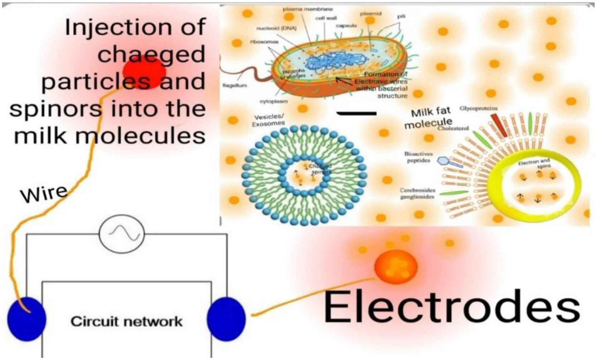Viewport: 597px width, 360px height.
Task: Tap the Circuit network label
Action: (x=126, y=321)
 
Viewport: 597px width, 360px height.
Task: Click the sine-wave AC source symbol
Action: (x=122, y=234)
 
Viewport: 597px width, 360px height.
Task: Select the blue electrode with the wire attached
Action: (x=26, y=318)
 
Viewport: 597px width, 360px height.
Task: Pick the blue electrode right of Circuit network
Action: (x=226, y=318)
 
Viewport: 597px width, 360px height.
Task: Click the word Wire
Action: (x=44, y=194)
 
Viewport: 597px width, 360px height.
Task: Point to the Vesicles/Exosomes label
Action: (x=269, y=120)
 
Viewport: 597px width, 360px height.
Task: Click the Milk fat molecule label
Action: (x=429, y=117)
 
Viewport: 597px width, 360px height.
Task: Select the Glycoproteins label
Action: (x=479, y=108)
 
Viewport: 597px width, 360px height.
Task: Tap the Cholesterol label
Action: (x=453, y=128)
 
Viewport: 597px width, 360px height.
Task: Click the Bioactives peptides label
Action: (x=418, y=157)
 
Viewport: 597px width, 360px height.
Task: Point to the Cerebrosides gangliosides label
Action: (x=417, y=193)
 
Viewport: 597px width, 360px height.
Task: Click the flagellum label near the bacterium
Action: (x=234, y=86)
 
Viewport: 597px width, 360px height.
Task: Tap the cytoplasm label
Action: (x=273, y=101)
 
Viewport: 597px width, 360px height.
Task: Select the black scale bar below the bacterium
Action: (x=356, y=114)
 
